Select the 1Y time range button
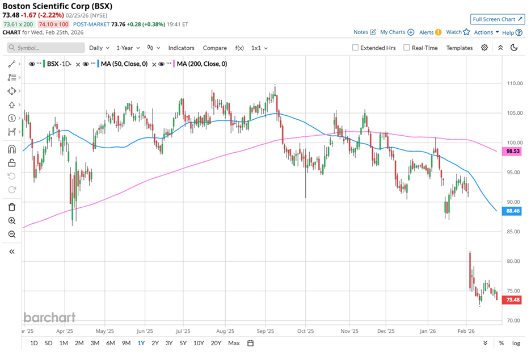coord(140,343)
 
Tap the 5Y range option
coord(183,343)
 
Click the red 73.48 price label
coord(512,299)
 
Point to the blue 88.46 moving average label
coord(512,211)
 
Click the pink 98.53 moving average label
coord(512,152)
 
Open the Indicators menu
coord(181,48)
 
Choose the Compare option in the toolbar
coord(214,48)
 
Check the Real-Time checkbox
coord(407,48)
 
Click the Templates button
coord(459,48)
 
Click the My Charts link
coord(397,32)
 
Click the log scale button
coord(516,343)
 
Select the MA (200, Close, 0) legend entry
coord(201,64)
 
